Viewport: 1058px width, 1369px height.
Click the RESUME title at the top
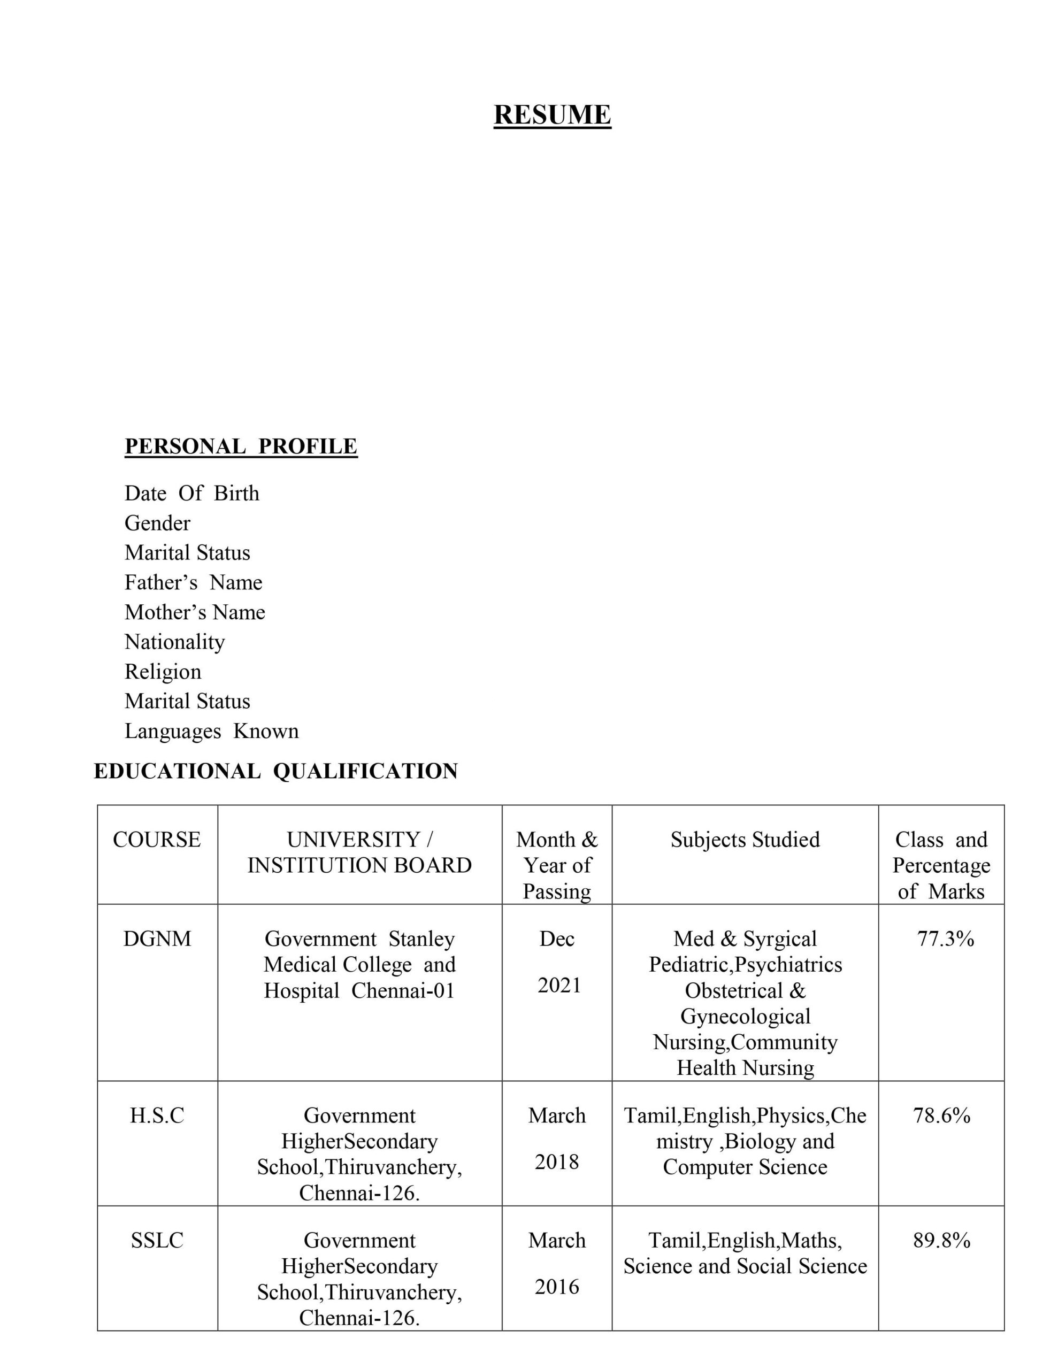pos(552,115)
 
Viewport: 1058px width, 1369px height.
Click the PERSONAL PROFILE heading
pos(241,447)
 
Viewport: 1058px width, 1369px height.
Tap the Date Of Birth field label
pos(191,493)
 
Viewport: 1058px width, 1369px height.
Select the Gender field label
pos(157,523)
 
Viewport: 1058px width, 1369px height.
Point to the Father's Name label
pos(193,582)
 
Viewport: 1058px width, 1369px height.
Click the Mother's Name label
pos(194,612)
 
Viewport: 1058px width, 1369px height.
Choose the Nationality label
pos(174,642)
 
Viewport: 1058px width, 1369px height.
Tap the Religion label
pos(163,671)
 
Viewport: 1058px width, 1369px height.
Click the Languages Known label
pos(211,731)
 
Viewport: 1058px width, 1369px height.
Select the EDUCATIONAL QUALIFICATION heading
pos(276,771)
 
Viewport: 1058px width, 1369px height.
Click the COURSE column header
pos(157,840)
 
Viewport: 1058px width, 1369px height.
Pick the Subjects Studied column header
pos(745,840)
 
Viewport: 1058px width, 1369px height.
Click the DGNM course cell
pos(157,939)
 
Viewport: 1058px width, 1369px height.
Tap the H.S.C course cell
pos(157,1115)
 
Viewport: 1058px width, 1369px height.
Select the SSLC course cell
pos(157,1240)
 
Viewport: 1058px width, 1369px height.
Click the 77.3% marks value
pos(945,939)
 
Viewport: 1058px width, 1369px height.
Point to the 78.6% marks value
pos(941,1115)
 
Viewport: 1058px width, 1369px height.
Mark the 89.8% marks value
pos(941,1240)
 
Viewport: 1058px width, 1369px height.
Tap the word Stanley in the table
pos(421,939)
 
